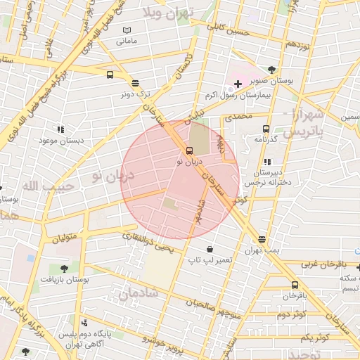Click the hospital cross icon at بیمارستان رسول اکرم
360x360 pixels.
tap(238, 84)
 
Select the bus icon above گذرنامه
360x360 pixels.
tap(266, 129)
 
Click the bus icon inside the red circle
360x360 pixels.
tap(189, 150)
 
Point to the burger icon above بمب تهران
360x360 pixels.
tap(262, 240)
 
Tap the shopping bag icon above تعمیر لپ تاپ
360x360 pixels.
tap(210, 249)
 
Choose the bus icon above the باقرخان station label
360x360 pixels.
tap(295, 285)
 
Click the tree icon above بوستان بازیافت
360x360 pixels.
tap(64, 268)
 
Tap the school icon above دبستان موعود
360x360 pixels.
tap(60, 129)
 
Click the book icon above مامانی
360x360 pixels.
tap(127, 30)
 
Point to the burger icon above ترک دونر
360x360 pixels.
tap(134, 82)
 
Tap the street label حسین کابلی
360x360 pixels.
tap(229, 30)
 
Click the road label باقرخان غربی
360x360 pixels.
tap(325, 264)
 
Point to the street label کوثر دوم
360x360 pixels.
tap(289, 315)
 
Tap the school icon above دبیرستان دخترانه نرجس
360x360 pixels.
tap(266, 162)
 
